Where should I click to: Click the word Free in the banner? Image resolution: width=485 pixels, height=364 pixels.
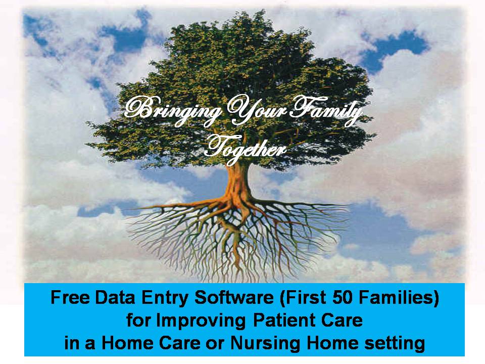[70, 298]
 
